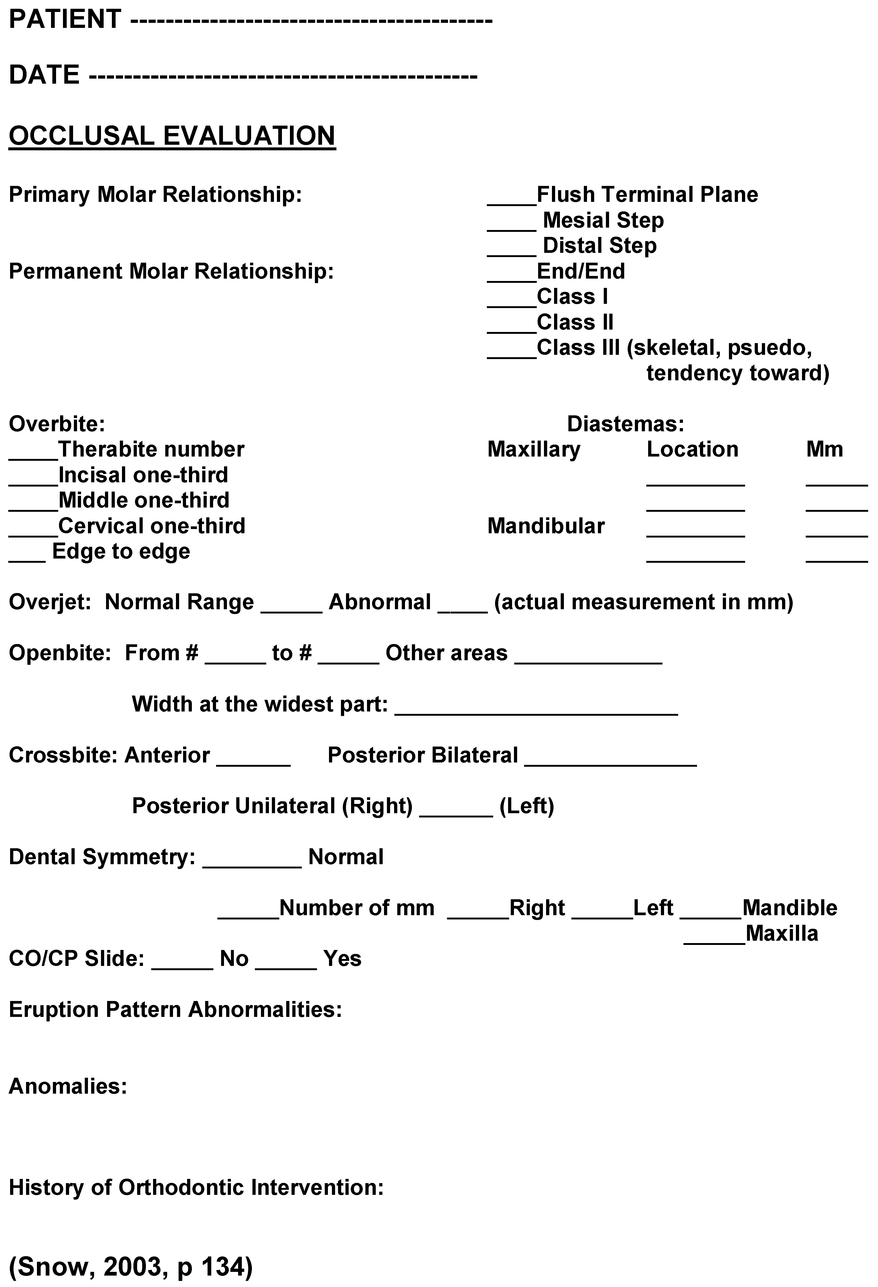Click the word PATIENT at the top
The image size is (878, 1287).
pyautogui.click(x=65, y=19)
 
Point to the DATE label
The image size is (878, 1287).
pyautogui.click(x=44, y=75)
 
